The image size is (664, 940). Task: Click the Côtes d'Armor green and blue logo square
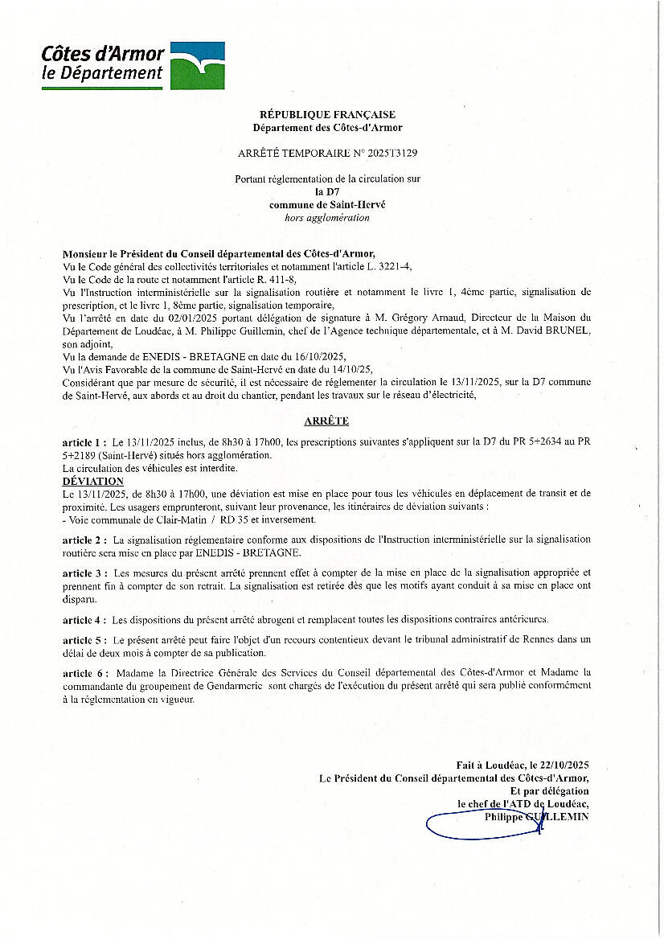[198, 66]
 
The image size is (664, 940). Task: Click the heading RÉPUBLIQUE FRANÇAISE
[327, 115]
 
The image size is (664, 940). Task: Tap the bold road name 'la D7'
[327, 192]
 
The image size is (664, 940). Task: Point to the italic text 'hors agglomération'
[327, 217]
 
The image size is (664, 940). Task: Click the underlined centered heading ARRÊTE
[326, 421]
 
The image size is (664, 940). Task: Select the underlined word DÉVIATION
[92, 481]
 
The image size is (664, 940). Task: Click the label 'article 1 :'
[84, 443]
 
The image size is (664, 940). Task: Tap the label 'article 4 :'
[84, 620]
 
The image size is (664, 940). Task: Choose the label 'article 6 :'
[84, 671]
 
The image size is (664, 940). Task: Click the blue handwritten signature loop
[474, 823]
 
